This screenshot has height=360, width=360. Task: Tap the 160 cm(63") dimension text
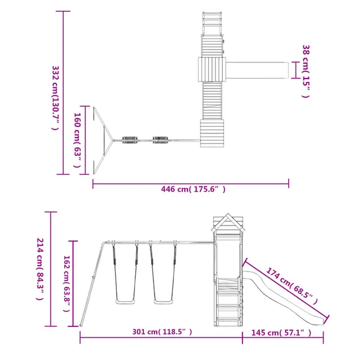click(x=77, y=140)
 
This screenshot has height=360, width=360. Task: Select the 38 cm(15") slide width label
click(x=306, y=71)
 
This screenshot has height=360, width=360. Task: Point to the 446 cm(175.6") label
click(x=193, y=189)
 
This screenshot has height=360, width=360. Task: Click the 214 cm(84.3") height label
click(x=40, y=269)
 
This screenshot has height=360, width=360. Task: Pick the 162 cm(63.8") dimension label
click(x=66, y=283)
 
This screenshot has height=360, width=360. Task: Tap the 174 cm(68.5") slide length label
click(x=292, y=286)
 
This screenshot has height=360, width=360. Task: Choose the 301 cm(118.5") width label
click(x=162, y=332)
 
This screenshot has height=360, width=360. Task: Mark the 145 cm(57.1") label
click(x=282, y=332)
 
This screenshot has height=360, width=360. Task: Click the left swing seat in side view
click(x=125, y=302)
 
